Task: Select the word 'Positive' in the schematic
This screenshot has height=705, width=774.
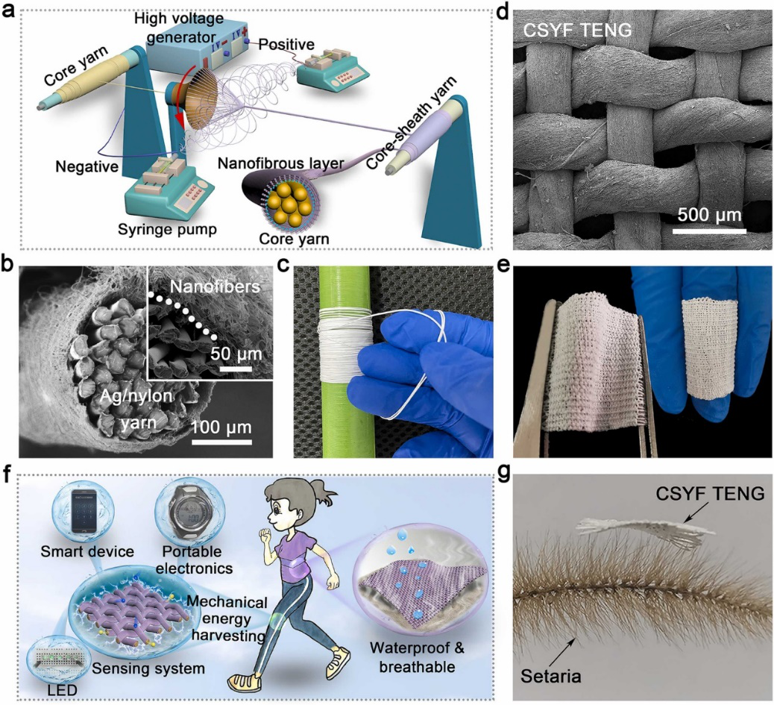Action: [x=286, y=45]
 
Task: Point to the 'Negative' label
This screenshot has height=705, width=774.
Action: [x=87, y=166]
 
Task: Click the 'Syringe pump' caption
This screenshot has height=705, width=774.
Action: [x=167, y=229]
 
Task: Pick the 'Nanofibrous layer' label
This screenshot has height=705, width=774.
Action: [x=280, y=163]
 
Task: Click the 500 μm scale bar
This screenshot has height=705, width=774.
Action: [x=709, y=230]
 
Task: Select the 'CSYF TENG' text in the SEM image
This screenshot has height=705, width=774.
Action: [x=578, y=31]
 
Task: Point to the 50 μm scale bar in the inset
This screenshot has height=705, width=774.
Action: [x=236, y=369]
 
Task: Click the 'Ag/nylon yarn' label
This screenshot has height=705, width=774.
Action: [x=135, y=407]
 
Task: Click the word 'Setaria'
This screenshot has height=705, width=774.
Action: [x=551, y=675]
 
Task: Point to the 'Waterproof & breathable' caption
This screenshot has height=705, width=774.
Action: [x=418, y=657]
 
